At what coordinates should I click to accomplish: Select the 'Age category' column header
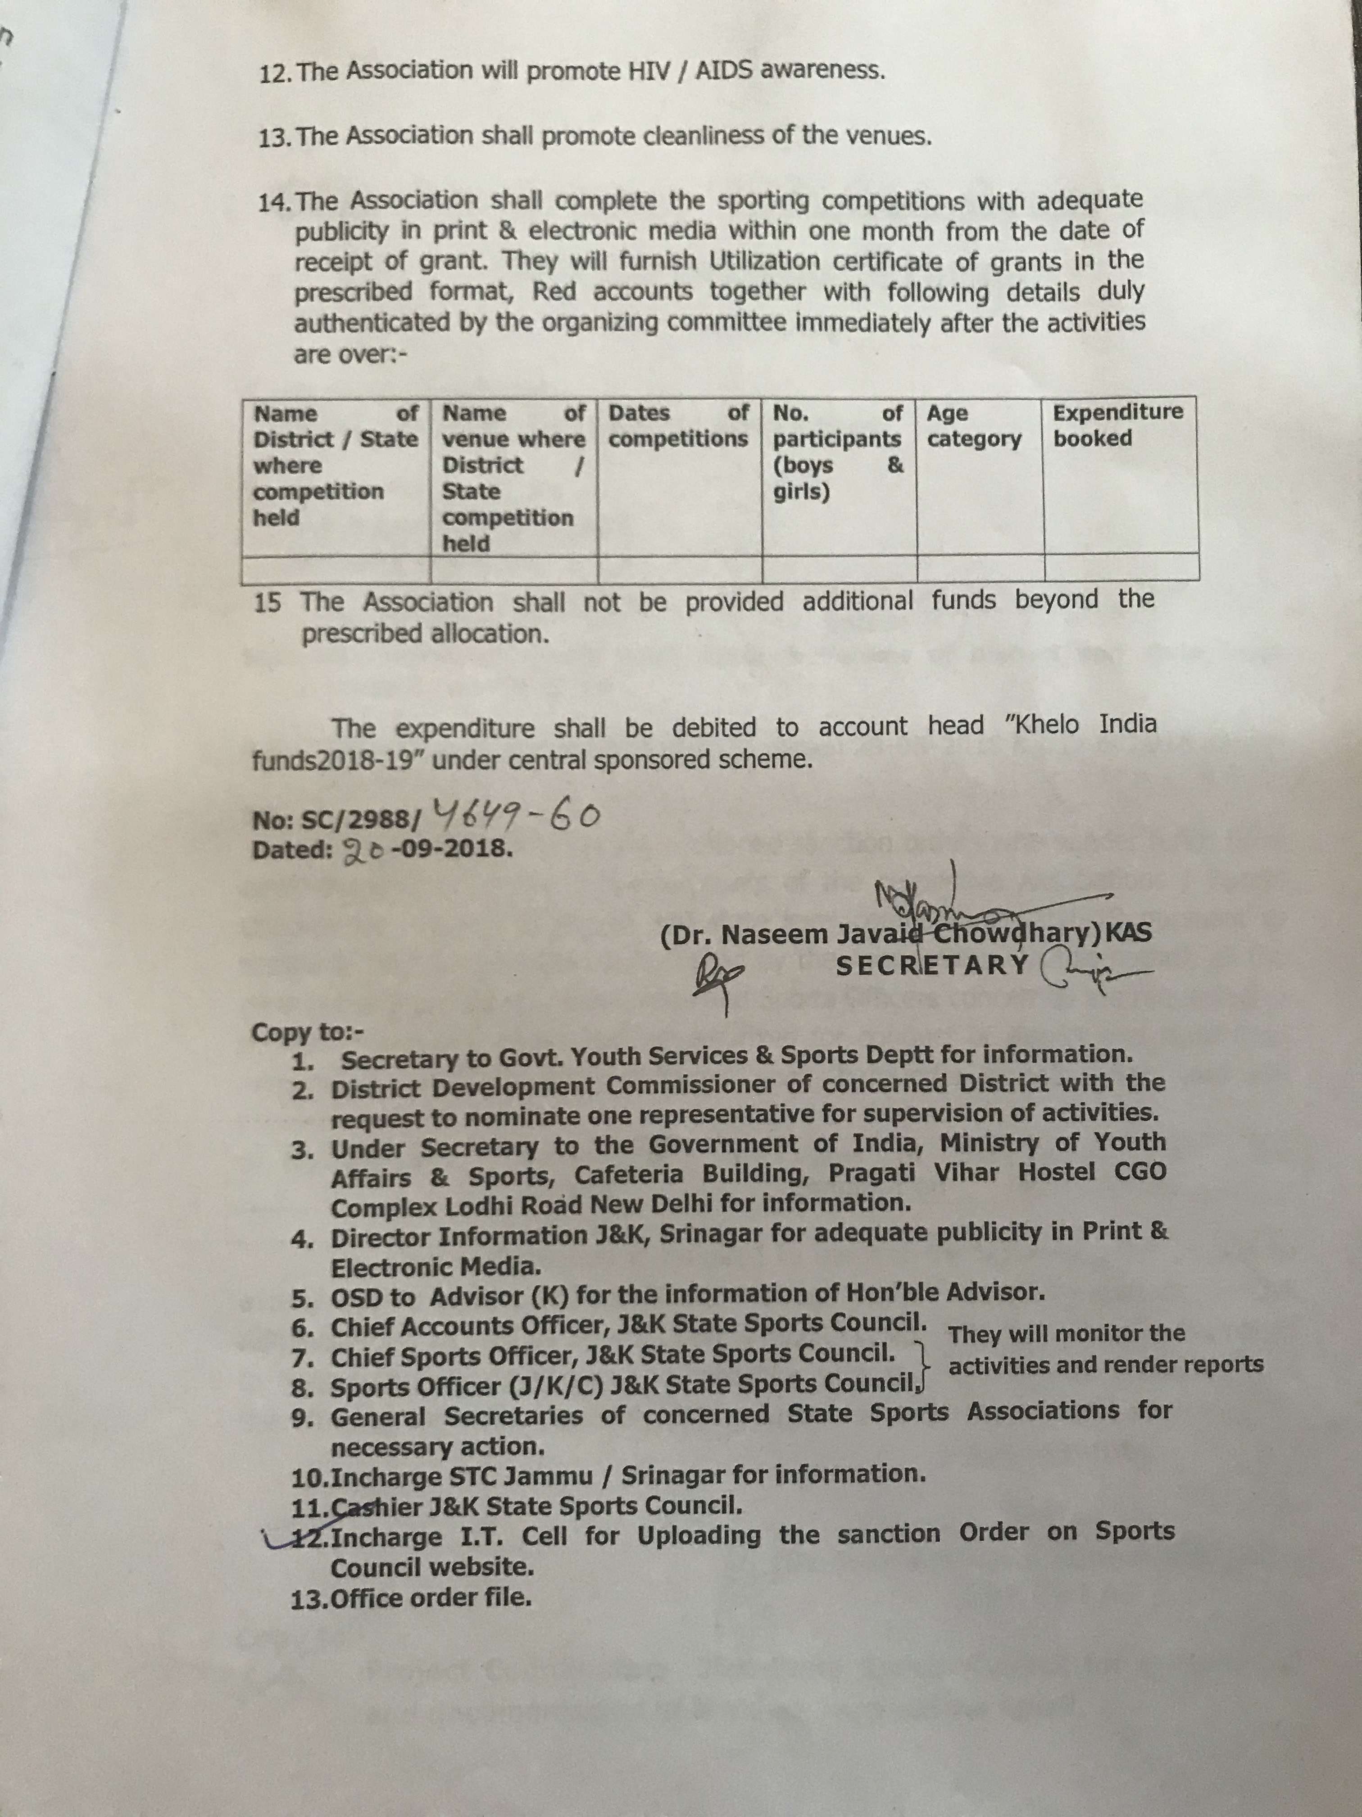click(x=974, y=425)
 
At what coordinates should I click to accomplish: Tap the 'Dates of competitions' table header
click(x=678, y=425)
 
